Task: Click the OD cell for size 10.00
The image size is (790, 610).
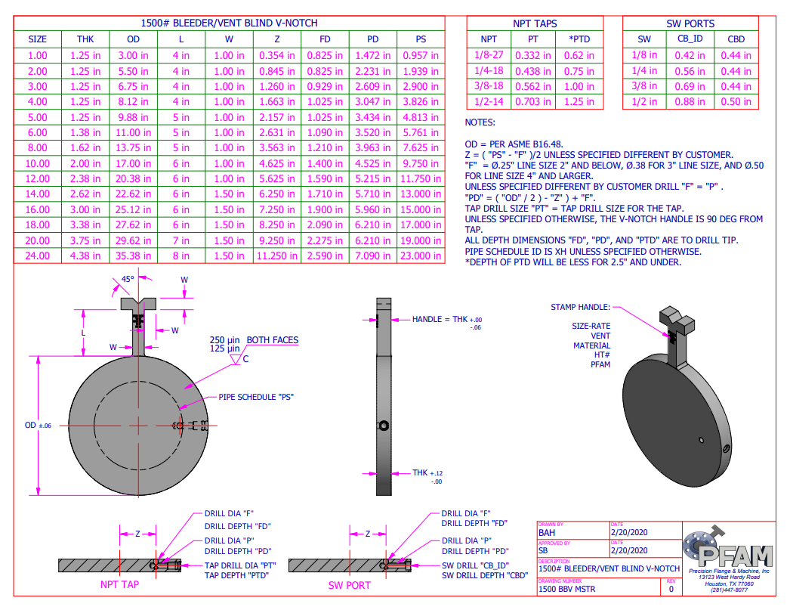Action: pos(133,163)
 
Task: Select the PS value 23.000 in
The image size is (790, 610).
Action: pos(421,255)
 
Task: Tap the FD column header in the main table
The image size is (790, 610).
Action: pos(325,39)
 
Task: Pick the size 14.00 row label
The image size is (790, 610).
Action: pos(37,194)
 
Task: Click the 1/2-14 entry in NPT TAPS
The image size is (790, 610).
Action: pos(489,102)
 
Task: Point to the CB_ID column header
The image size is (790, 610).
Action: pos(690,39)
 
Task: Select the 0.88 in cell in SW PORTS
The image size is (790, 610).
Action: pos(690,102)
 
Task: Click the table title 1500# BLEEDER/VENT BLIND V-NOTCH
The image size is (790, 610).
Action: pos(230,23)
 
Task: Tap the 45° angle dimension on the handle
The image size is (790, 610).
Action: pos(128,279)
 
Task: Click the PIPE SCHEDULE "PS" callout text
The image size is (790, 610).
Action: pos(255,397)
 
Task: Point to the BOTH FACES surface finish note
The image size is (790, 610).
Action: pos(272,340)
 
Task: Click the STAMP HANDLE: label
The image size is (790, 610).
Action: pos(580,308)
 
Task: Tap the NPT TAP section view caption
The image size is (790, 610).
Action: pos(119,584)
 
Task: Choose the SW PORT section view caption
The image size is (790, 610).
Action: pos(349,584)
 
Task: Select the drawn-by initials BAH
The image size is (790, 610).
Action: pos(548,532)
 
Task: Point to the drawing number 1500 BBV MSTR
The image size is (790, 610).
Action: pos(566,589)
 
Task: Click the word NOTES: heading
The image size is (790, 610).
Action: pos(480,122)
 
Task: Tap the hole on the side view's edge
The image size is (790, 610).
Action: pos(385,426)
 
